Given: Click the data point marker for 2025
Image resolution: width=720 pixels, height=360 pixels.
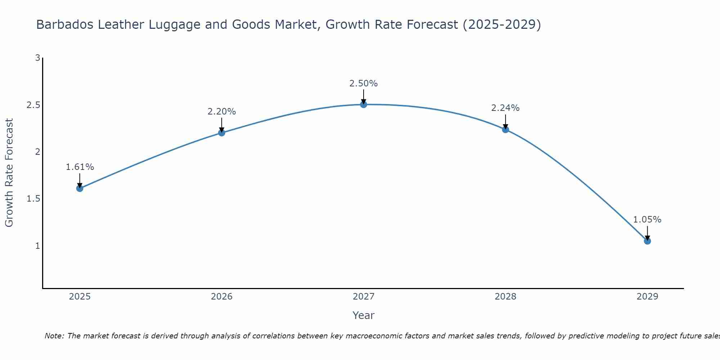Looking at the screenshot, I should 80,188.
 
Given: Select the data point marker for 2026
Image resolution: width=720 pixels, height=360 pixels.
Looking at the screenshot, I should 222,133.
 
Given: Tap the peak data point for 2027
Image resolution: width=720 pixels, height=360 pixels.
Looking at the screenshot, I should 364,104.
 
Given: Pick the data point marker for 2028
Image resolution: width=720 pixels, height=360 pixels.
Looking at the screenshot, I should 505,130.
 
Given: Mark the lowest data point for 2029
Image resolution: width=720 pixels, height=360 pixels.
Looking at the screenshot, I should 647,241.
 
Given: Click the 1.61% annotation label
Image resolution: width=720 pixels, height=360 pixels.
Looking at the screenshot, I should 80,167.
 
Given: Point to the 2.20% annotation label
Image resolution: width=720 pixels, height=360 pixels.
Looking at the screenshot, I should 222,112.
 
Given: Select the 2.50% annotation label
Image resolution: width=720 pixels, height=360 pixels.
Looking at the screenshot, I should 364,84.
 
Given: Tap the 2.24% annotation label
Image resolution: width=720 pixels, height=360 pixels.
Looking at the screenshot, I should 505,108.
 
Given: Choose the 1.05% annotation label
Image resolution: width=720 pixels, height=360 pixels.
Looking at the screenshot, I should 647,220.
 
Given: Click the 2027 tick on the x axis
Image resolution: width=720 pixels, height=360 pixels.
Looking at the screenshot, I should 364,297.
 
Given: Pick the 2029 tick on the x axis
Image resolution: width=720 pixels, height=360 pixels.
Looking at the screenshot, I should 647,297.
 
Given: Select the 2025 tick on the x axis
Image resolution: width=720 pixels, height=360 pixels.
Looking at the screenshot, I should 80,297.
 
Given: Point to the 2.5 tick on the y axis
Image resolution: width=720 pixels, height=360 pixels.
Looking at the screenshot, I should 33,105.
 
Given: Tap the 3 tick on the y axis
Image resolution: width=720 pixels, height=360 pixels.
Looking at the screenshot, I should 37,58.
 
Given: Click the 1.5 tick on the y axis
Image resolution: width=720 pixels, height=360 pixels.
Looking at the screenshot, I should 33,199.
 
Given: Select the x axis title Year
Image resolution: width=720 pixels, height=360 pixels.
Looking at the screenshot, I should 364,315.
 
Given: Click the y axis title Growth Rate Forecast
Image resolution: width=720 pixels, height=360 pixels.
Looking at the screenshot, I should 9,173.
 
